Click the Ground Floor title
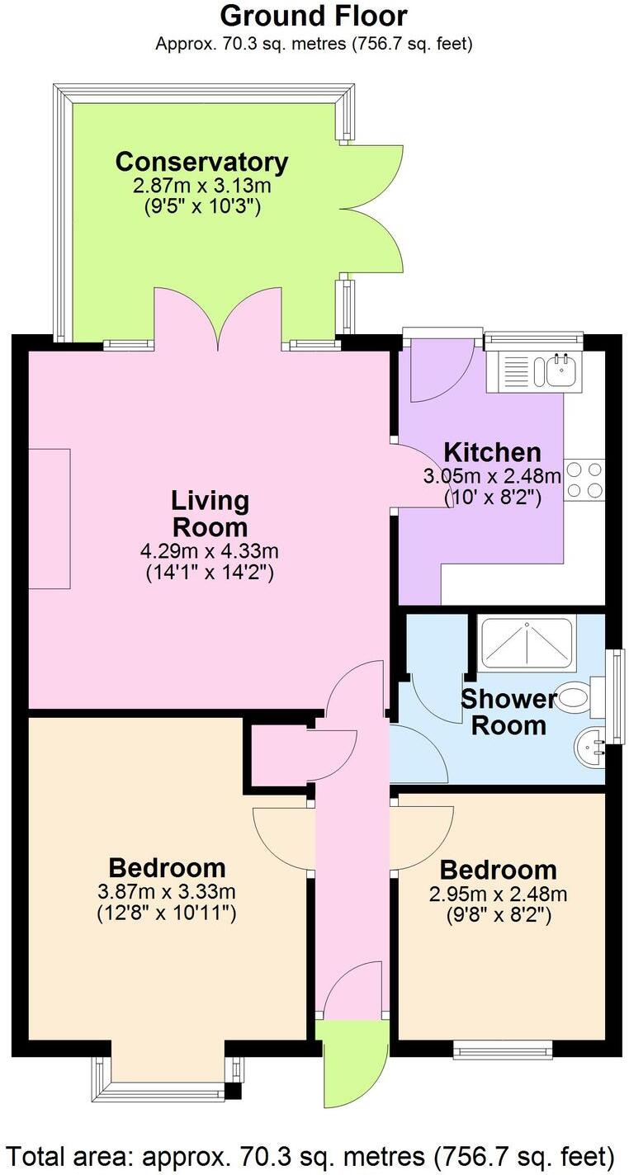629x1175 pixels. click(314, 16)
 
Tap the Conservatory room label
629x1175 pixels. click(201, 161)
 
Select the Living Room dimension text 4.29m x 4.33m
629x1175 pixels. click(209, 551)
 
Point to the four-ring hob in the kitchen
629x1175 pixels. click(585, 479)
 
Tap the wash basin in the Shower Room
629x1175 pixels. click(589, 748)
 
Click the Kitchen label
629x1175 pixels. click(492, 452)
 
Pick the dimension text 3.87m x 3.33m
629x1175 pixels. click(168, 891)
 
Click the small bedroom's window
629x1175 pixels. click(502, 1050)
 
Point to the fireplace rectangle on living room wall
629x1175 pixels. click(50, 518)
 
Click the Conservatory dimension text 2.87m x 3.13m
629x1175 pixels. click(201, 186)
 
